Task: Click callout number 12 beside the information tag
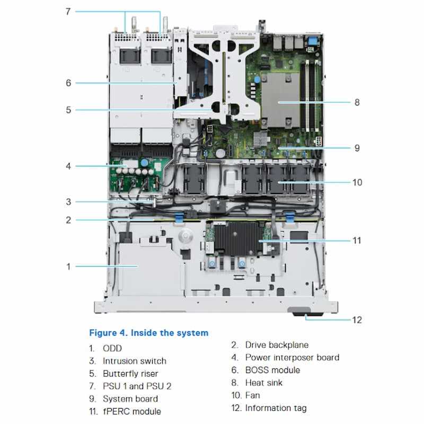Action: point(357,320)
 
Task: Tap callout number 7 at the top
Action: point(68,11)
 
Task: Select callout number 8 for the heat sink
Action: point(357,102)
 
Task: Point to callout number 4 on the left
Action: point(68,166)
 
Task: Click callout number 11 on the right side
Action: point(357,241)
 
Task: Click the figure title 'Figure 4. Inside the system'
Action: point(149,333)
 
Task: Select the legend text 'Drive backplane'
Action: point(277,345)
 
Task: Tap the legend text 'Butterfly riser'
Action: point(130,374)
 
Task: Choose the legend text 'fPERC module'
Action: point(132,412)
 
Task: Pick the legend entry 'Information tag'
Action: point(276,408)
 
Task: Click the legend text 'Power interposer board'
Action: point(292,357)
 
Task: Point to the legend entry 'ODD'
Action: point(112,348)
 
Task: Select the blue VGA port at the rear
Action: point(312,41)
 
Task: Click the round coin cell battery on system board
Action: point(220,154)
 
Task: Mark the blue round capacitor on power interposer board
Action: point(145,163)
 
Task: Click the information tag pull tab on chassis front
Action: point(306,311)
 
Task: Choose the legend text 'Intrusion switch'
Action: point(135,361)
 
